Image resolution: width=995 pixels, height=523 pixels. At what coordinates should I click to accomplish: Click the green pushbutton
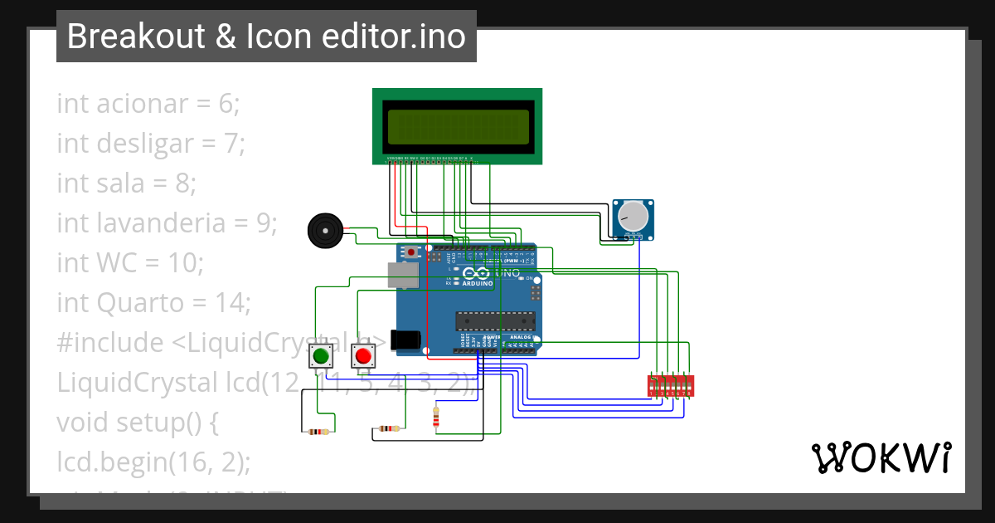coord(321,357)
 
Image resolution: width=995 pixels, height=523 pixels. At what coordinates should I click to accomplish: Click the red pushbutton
coord(362,357)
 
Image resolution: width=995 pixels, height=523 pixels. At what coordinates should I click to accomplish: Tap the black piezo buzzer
coord(323,230)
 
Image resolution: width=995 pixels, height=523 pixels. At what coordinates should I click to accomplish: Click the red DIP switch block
coord(670,385)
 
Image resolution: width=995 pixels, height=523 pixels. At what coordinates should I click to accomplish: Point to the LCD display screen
coord(457,127)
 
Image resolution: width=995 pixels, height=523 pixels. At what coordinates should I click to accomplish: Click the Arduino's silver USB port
coord(403,275)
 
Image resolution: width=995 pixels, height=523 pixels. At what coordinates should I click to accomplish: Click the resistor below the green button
coord(318,431)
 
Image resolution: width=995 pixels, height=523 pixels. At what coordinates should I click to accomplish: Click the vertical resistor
coord(437,417)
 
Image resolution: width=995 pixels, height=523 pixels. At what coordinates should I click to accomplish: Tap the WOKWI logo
coord(881,457)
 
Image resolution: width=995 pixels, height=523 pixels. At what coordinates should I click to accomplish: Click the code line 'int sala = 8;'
coord(126,183)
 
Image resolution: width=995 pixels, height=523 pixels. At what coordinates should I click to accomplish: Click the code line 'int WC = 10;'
coord(130,262)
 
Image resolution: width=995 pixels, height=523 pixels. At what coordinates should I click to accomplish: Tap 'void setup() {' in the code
coord(137,422)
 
